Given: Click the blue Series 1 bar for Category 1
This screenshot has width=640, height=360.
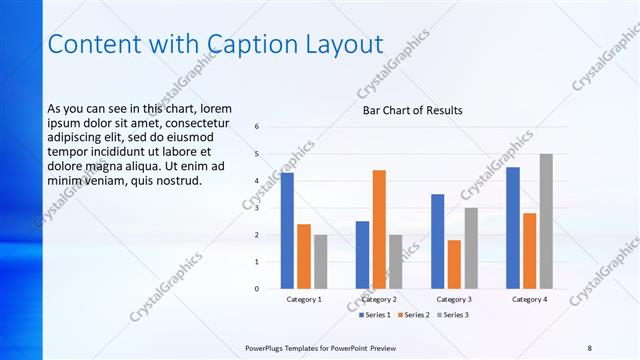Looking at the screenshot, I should [287, 231].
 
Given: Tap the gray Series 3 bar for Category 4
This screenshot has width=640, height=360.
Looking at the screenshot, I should [546, 221].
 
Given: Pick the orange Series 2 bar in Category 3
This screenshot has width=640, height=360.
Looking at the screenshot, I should [454, 264].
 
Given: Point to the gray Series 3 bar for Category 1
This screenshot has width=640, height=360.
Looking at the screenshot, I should [320, 262].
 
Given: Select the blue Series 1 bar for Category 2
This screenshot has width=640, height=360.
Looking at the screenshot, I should [362, 255].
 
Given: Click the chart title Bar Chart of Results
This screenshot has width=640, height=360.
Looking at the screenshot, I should [412, 111].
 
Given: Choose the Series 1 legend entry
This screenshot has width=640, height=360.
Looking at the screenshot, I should [377, 315].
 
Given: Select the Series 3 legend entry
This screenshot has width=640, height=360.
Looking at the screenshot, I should [451, 315].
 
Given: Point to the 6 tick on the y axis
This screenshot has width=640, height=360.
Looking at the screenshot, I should [257, 127].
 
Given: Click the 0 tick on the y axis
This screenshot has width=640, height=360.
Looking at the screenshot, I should [257, 289].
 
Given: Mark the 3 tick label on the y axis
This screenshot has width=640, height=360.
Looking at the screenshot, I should [257, 208].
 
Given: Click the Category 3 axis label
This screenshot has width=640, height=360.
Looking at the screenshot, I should [454, 299].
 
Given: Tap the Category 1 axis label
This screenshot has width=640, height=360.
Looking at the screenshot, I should [304, 299].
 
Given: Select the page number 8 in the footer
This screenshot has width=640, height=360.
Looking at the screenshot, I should [589, 346].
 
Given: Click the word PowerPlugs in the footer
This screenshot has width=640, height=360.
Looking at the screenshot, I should [269, 346].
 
